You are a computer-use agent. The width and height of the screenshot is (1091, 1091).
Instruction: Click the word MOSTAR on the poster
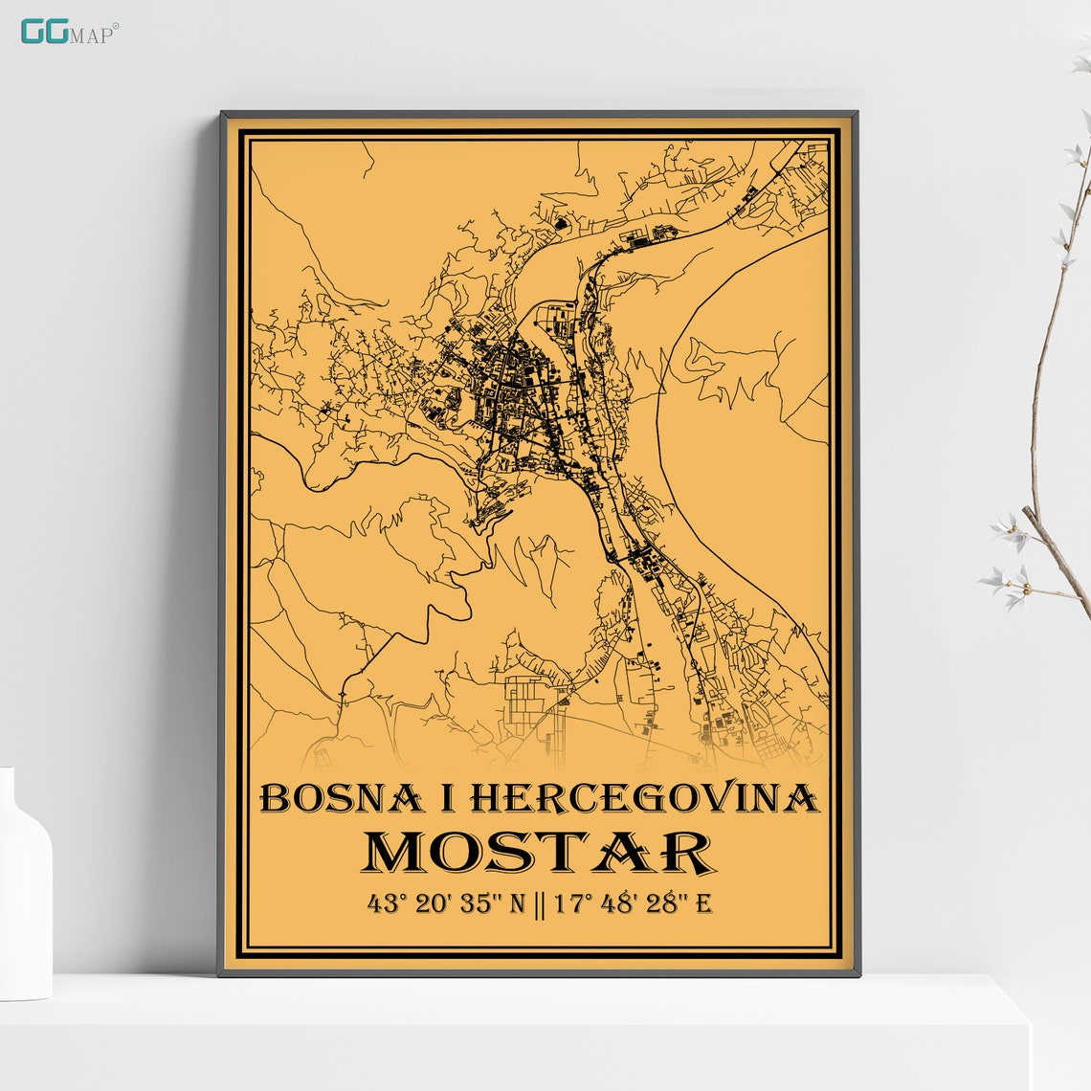pyautogui.click(x=539, y=853)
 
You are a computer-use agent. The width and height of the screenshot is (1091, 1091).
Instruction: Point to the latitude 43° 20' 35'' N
pyautogui.click(x=446, y=902)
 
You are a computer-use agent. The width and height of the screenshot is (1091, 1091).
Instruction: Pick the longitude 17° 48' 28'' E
pyautogui.click(x=631, y=902)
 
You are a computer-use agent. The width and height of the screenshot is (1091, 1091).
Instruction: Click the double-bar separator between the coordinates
pyautogui.click(x=539, y=902)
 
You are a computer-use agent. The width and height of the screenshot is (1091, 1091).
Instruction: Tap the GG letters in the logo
pyautogui.click(x=44, y=32)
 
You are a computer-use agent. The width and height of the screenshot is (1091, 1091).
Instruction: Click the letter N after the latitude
pyautogui.click(x=517, y=902)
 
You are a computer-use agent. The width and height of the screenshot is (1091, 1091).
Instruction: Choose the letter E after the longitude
pyautogui.click(x=703, y=902)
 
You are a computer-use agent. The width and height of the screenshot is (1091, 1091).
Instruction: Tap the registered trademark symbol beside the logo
pyautogui.click(x=116, y=26)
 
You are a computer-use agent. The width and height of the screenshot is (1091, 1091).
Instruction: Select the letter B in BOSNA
pyautogui.click(x=275, y=798)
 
